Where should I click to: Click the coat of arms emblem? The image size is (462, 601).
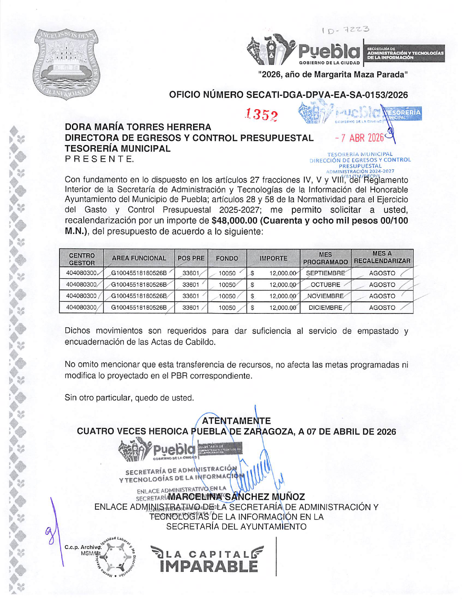click(67, 64)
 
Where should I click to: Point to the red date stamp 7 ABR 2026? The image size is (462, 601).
click(359, 138)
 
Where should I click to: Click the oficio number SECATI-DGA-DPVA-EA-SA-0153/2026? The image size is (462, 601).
click(288, 95)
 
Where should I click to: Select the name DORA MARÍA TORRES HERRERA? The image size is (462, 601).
click(138, 127)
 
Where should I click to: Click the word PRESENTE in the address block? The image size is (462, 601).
click(99, 159)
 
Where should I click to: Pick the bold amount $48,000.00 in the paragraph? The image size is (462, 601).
click(234, 221)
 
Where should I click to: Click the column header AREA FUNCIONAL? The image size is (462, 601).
click(139, 258)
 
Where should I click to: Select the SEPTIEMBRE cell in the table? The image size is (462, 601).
click(325, 273)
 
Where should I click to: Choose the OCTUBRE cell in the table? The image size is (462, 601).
click(325, 285)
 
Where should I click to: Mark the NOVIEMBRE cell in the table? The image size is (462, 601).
click(325, 296)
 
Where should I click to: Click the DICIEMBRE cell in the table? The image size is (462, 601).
click(325, 308)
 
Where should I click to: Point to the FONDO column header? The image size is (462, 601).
click(227, 258)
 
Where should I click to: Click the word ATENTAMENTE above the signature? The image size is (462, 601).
click(236, 421)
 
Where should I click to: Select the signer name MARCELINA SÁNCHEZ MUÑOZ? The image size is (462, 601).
click(236, 497)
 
